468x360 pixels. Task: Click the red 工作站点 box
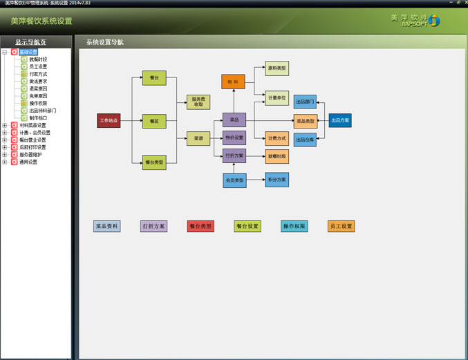pyautogui.click(x=109, y=121)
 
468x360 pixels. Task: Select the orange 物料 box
pyautogui.click(x=233, y=82)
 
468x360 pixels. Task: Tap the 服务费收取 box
pyautogui.click(x=198, y=102)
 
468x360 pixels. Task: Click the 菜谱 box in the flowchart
pyautogui.click(x=198, y=138)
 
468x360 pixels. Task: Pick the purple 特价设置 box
pyautogui.click(x=234, y=138)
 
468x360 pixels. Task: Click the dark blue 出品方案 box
pyautogui.click(x=340, y=120)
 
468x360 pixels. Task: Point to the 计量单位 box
pyautogui.click(x=277, y=98)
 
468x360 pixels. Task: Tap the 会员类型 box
pyautogui.click(x=234, y=180)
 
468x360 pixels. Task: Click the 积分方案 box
pyautogui.click(x=277, y=180)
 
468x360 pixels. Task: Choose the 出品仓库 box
pyautogui.click(x=305, y=140)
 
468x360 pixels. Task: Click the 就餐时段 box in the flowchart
pyautogui.click(x=277, y=156)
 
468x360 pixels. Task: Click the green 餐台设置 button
pyautogui.click(x=247, y=226)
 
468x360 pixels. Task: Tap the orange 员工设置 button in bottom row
pyautogui.click(x=341, y=226)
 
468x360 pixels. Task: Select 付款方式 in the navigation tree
pyautogui.click(x=39, y=74)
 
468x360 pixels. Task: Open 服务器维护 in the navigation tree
pyautogui.click(x=34, y=155)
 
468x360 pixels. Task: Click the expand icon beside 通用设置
pyautogui.click(x=5, y=162)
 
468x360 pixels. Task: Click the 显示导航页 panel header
pyautogui.click(x=31, y=42)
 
